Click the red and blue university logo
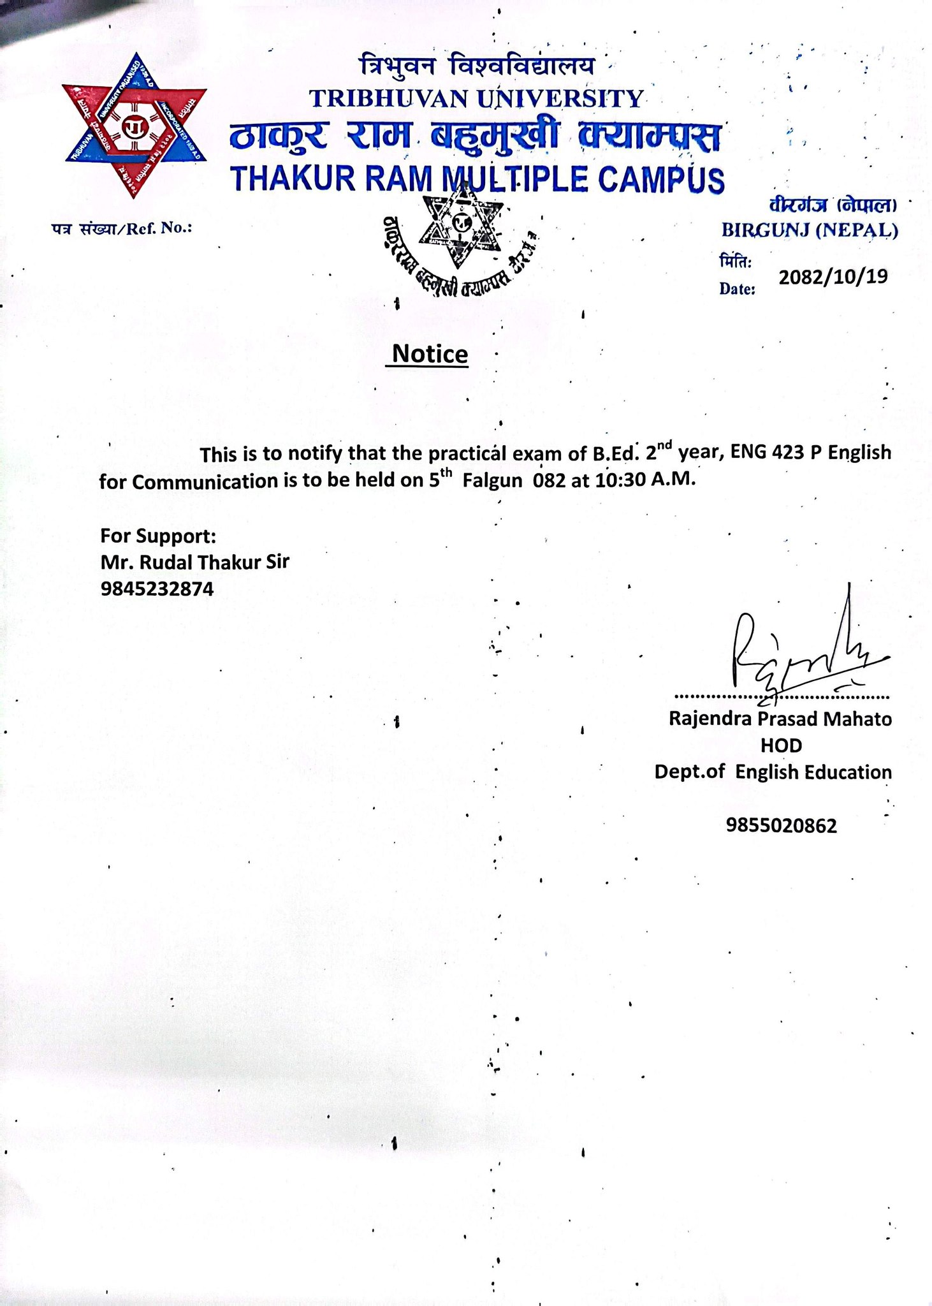click(135, 126)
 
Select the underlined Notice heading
click(430, 354)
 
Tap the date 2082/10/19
click(833, 277)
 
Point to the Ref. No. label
click(122, 228)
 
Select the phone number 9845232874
click(157, 589)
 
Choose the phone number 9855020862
click(781, 826)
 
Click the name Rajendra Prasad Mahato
click(780, 719)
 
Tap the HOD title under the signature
click(781, 745)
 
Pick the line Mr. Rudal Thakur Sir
click(194, 562)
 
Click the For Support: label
click(158, 535)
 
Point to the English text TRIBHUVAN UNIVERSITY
click(476, 98)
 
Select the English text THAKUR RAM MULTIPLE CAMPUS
click(478, 179)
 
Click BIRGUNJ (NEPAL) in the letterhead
click(810, 230)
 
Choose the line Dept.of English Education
click(773, 772)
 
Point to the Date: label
click(737, 289)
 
